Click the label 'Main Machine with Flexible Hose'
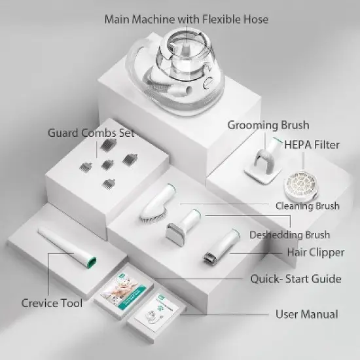pyautogui.click(x=186, y=19)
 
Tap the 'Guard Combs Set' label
pyautogui.click(x=90, y=133)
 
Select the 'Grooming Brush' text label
pyautogui.click(x=268, y=124)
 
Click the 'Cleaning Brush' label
pyautogui.click(x=307, y=206)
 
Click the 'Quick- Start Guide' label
pyautogui.click(x=296, y=279)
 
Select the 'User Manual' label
pyautogui.click(x=306, y=314)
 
